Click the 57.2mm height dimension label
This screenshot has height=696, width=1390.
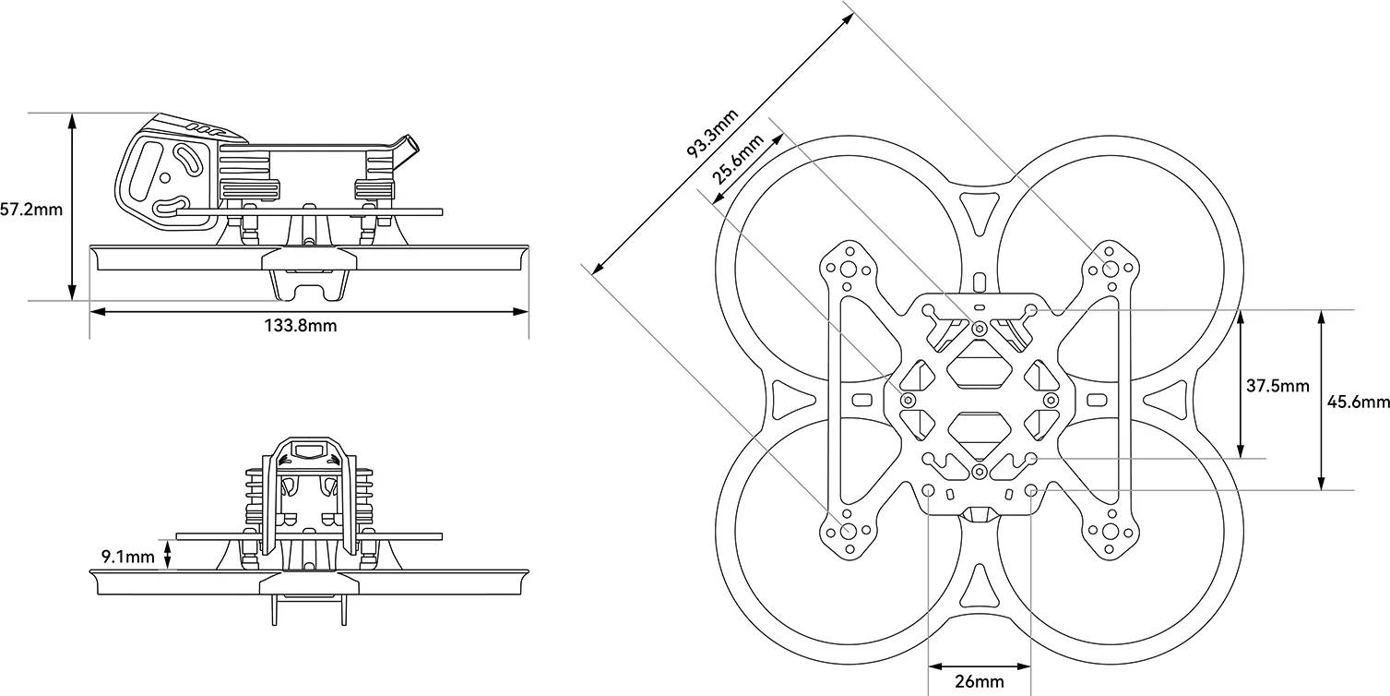click(31, 210)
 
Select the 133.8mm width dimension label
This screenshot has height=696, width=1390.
click(300, 326)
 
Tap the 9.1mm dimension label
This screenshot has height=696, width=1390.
click(127, 556)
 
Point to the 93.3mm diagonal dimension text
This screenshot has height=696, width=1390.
click(712, 134)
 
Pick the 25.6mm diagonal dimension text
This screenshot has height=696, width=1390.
click(739, 159)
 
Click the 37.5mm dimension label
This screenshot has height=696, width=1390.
click(1277, 386)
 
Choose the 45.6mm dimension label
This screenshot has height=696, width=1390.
click(1359, 402)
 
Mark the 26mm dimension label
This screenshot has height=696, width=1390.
click(979, 681)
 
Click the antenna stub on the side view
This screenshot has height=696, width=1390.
click(404, 148)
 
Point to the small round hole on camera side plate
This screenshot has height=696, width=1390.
click(165, 176)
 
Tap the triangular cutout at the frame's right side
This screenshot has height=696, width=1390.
click(1164, 400)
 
